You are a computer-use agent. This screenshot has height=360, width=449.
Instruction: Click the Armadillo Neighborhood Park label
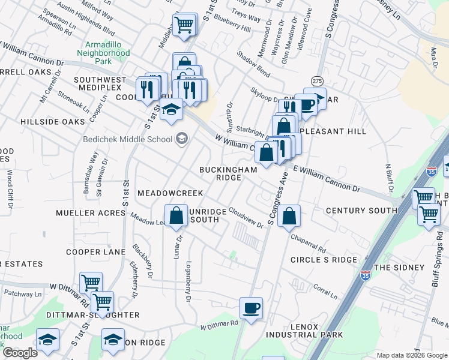(107, 53)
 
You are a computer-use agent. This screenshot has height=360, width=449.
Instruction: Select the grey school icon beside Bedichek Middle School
(181, 140)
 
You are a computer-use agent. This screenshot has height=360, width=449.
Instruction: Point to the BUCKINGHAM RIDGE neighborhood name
(228, 174)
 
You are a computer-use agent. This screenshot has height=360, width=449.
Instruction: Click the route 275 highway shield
(318, 80)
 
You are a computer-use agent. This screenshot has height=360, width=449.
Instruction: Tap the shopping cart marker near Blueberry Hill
(184, 25)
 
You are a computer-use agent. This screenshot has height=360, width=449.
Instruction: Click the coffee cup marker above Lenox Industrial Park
(251, 308)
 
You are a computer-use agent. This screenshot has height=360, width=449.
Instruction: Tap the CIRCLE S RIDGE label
(324, 260)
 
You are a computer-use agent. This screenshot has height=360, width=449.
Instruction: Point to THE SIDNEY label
(394, 267)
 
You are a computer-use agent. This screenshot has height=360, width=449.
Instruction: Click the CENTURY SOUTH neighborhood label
(361, 211)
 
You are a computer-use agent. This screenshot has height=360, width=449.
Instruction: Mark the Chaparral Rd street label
(309, 243)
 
